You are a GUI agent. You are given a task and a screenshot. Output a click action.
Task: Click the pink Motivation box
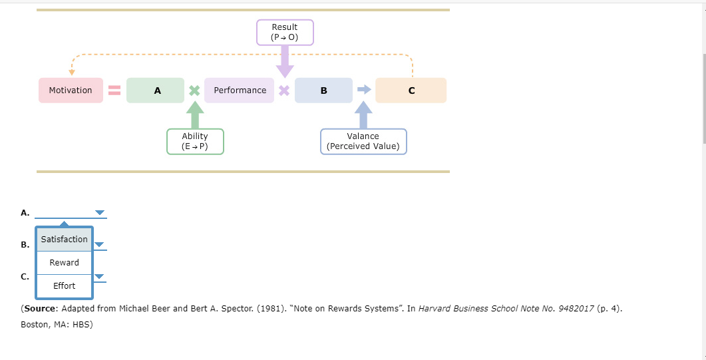71,90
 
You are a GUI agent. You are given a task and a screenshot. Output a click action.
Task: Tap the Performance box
240,90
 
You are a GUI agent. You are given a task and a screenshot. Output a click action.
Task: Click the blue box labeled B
323,90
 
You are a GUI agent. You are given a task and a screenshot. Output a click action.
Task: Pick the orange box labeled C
411,90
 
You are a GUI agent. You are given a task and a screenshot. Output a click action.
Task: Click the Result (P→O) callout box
285,32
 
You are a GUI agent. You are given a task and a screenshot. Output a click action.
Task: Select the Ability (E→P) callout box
195,141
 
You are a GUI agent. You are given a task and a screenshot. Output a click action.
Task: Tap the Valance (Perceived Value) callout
363,141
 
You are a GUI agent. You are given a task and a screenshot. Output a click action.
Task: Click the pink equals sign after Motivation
114,90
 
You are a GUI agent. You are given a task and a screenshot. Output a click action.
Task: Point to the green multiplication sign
194,90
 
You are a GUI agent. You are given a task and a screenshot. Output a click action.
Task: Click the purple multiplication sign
284,90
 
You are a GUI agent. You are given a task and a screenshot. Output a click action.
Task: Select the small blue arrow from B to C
364,90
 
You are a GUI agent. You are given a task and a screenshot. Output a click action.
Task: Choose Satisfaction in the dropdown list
64,240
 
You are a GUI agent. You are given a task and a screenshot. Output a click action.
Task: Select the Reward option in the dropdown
64,263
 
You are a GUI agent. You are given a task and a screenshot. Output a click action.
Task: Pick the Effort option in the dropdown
64,286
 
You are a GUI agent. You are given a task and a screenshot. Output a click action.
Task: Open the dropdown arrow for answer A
100,213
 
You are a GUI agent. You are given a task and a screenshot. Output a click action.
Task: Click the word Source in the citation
39,309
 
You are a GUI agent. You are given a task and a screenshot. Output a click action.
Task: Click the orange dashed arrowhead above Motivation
72,72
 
